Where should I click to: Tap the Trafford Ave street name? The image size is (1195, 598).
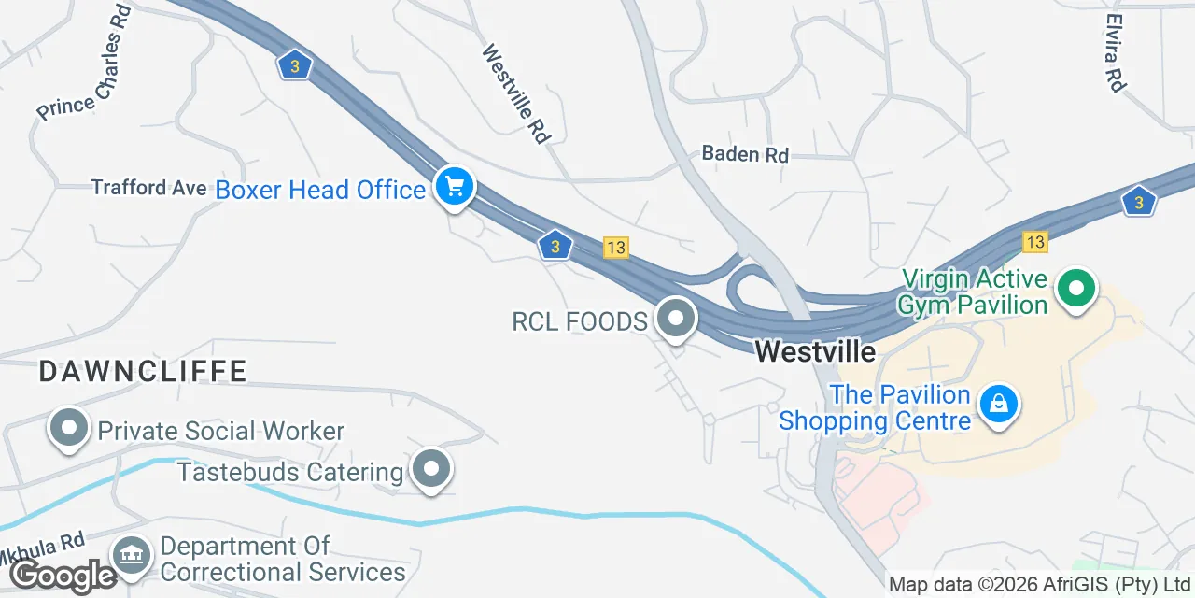pyautogui.click(x=148, y=188)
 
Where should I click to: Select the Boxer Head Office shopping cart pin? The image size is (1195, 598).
pyautogui.click(x=455, y=186)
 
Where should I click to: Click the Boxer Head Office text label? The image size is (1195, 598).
pyautogui.click(x=320, y=190)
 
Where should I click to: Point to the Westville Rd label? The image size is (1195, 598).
pyautogui.click(x=514, y=94)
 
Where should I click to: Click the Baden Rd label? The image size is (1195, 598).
pyautogui.click(x=745, y=154)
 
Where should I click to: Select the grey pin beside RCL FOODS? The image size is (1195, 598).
pyautogui.click(x=676, y=319)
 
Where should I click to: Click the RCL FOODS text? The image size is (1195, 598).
pyautogui.click(x=580, y=322)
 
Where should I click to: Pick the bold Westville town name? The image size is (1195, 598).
pyautogui.click(x=815, y=351)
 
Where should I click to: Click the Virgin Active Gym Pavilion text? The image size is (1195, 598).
pyautogui.click(x=973, y=292)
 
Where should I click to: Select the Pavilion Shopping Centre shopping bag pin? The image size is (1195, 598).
pyautogui.click(x=999, y=404)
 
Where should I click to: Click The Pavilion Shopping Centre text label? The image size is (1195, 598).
pyautogui.click(x=875, y=408)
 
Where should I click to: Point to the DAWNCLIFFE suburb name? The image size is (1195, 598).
pyautogui.click(x=143, y=372)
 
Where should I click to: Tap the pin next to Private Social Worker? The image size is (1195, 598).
pyautogui.click(x=68, y=428)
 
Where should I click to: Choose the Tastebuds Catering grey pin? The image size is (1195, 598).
pyautogui.click(x=431, y=469)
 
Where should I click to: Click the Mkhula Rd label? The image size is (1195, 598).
pyautogui.click(x=42, y=549)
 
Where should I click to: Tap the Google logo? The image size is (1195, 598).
pyautogui.click(x=63, y=576)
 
